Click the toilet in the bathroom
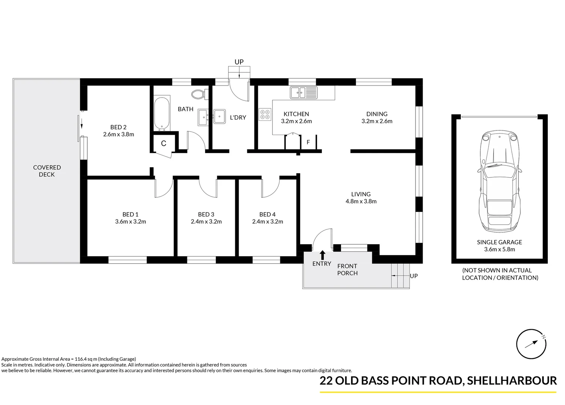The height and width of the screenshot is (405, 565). tap(197, 94)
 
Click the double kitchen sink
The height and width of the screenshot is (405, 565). tap(303, 92)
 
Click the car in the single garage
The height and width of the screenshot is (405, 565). tap(499, 182)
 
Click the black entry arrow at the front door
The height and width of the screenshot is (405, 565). tap(322, 255)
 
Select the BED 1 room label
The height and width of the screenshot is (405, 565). tap(130, 214)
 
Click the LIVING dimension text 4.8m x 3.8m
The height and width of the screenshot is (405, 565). tap(361, 201)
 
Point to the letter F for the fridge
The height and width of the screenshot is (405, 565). tap(308, 142)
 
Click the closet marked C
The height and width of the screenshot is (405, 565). tap(163, 143)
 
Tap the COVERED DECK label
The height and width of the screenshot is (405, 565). tap(47, 171)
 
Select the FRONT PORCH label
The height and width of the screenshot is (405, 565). tap(347, 270)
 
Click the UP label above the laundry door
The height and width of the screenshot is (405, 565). tap(239, 62)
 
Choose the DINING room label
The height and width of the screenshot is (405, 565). tap(377, 114)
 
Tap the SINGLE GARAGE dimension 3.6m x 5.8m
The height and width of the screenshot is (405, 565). tap(499, 249)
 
